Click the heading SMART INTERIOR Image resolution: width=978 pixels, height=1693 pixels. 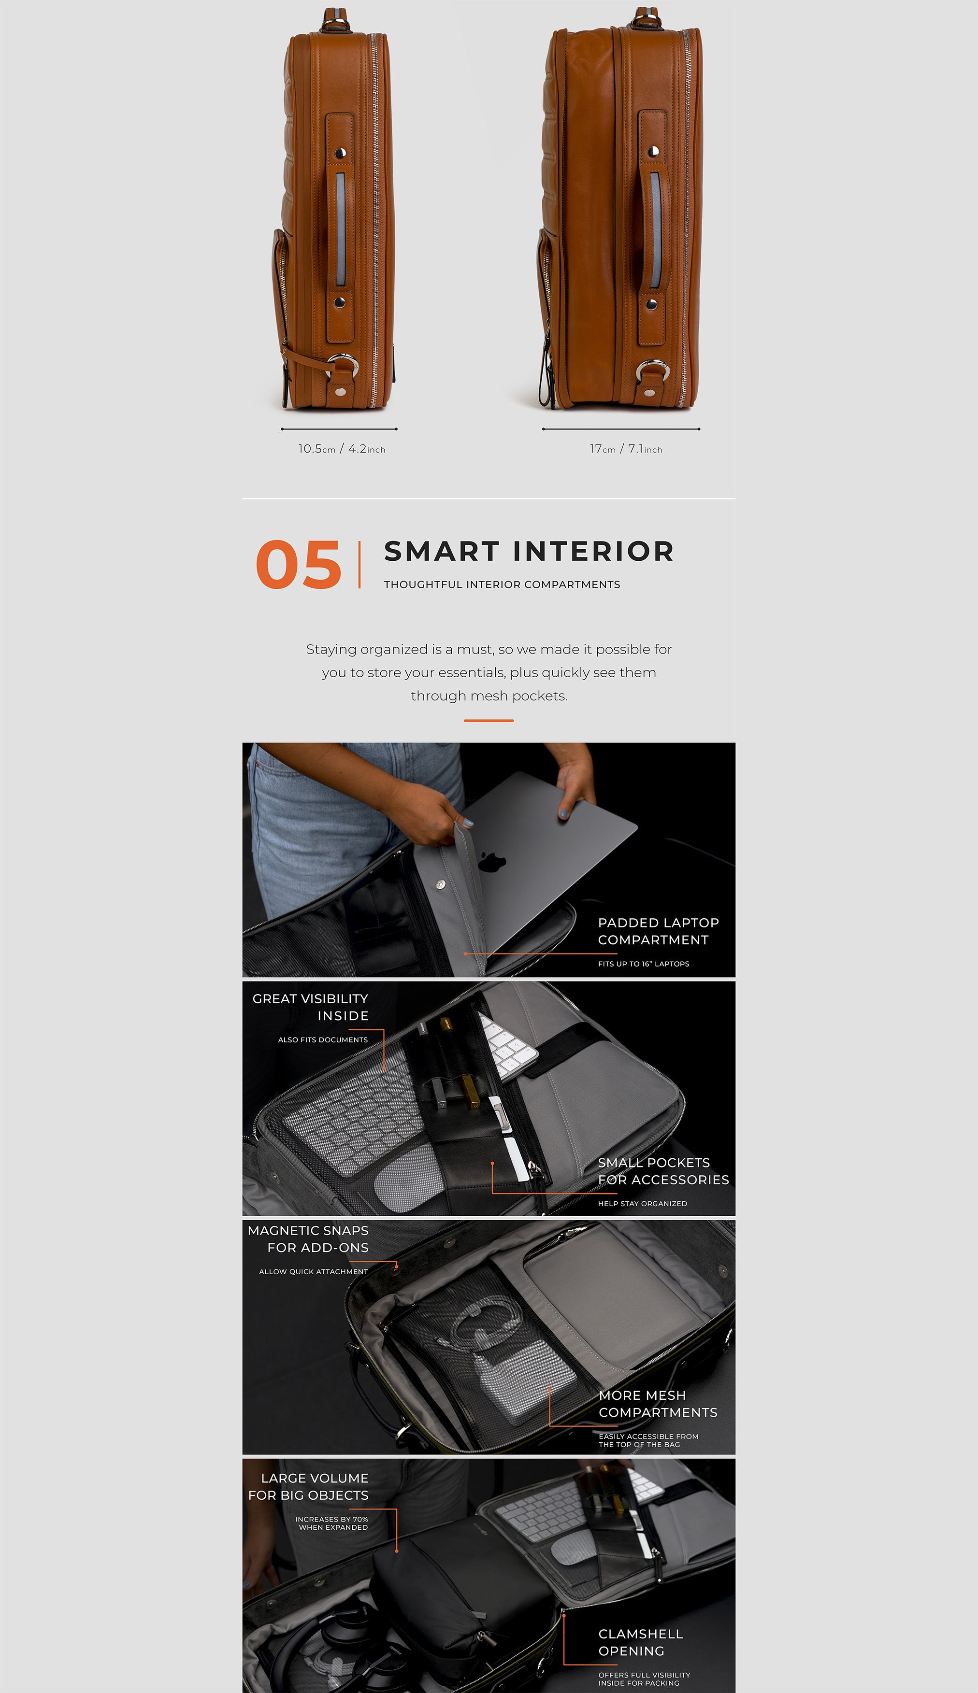click(529, 551)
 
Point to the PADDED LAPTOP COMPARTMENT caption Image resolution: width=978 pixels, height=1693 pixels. click(658, 931)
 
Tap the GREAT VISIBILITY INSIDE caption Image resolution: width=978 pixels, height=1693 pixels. click(310, 1007)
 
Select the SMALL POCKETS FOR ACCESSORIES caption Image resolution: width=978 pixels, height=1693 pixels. click(663, 1171)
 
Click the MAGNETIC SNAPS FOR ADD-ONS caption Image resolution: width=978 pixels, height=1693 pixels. click(308, 1238)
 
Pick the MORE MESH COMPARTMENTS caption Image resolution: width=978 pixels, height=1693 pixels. click(658, 1404)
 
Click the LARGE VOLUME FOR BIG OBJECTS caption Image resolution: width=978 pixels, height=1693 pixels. click(308, 1486)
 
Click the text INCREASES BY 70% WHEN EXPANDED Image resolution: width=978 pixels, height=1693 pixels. click(332, 1523)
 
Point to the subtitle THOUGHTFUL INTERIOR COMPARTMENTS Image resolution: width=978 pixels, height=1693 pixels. click(502, 584)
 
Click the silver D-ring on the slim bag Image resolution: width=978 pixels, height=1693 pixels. click(343, 366)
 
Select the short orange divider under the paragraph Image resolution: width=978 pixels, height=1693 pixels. click(489, 720)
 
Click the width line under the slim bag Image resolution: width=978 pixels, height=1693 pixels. click(339, 429)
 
